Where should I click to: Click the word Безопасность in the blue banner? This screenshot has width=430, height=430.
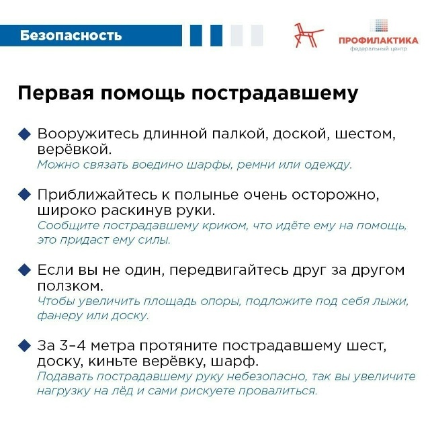(71, 36)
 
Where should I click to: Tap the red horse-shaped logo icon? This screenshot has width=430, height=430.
(308, 34)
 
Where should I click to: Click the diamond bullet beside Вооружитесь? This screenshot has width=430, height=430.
(25, 133)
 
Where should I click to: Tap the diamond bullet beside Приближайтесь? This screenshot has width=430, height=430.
(25, 195)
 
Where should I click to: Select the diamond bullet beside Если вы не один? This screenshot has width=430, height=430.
(25, 270)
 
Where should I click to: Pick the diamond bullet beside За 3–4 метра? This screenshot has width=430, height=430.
(25, 346)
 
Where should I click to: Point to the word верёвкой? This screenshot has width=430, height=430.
(71, 148)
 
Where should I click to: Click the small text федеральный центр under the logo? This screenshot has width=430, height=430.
(378, 49)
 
